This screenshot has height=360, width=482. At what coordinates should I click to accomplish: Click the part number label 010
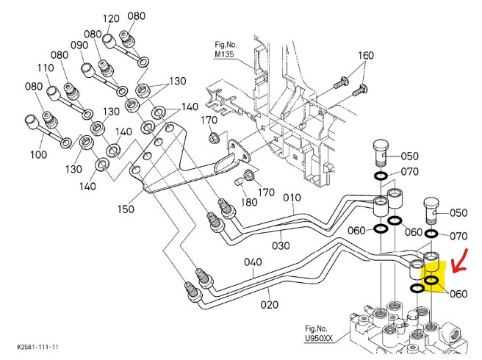point(292,198)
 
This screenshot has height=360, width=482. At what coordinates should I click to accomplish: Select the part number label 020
point(269,304)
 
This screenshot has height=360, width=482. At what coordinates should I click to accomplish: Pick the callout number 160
point(365,56)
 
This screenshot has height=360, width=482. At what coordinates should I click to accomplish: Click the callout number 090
point(79,45)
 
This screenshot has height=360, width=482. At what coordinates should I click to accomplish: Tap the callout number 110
point(46,68)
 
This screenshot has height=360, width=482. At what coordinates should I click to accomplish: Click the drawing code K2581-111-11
point(38,345)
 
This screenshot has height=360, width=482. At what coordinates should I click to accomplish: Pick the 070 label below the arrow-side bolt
point(458,236)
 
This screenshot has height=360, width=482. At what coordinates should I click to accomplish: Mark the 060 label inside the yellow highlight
point(457,294)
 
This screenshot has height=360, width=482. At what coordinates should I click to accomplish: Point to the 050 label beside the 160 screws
point(409,156)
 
